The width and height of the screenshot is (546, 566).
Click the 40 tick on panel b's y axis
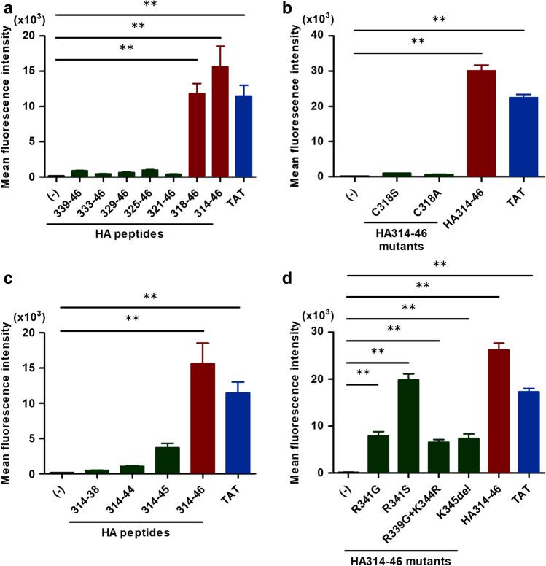337,35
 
